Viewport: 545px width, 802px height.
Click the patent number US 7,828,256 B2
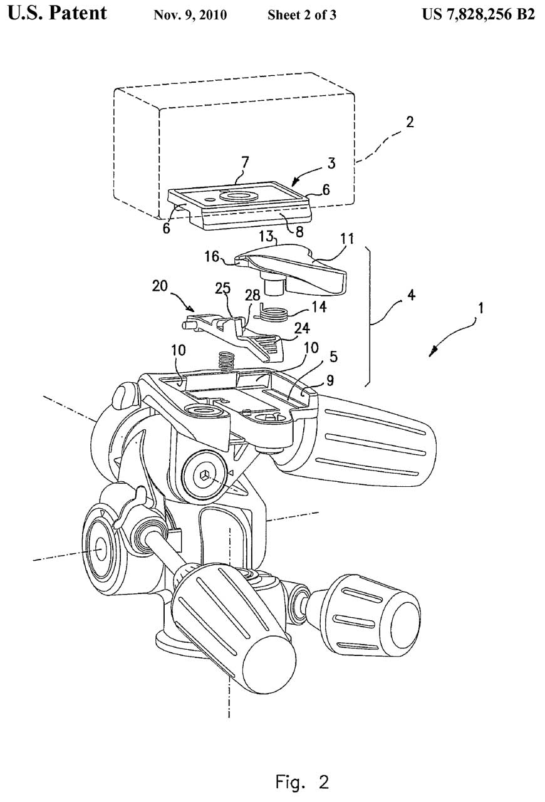point(479,14)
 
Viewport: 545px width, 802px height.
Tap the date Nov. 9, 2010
point(190,15)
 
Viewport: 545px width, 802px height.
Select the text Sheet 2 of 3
point(302,15)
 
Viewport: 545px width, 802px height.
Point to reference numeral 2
point(410,122)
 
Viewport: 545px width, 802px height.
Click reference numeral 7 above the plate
point(245,162)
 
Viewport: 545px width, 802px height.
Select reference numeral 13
point(266,237)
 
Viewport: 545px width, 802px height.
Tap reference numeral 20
point(159,286)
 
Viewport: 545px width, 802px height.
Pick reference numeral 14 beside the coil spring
point(319,306)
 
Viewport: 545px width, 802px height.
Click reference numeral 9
point(330,380)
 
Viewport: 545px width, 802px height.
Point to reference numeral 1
point(480,308)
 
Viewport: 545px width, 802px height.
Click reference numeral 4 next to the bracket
point(411,295)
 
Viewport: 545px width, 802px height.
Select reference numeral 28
point(252,295)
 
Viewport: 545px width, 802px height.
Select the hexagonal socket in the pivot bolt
point(204,476)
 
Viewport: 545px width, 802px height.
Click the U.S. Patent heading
point(57,14)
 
